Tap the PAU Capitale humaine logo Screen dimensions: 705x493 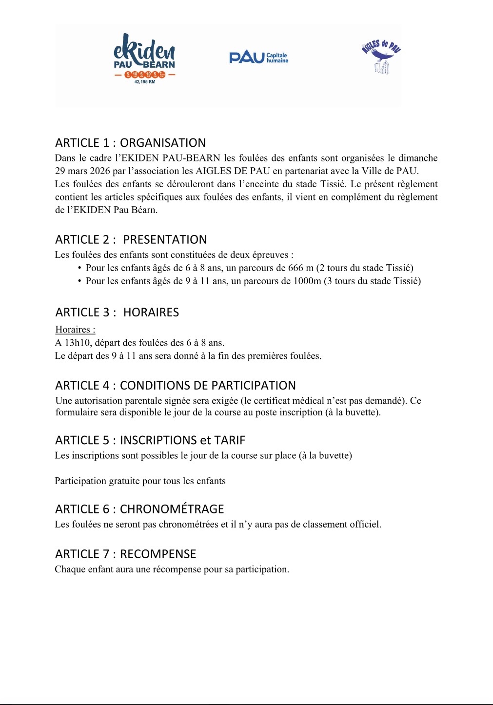258,58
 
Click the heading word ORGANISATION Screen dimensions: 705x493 163,143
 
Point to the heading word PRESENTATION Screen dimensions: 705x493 165,240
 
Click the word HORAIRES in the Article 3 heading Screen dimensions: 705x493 151,313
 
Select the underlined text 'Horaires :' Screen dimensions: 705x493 75,330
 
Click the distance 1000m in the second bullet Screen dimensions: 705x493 307,281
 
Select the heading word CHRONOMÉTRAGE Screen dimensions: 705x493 172,509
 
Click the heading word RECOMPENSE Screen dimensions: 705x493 158,554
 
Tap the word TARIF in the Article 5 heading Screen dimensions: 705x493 229,441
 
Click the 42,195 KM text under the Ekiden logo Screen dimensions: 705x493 144,82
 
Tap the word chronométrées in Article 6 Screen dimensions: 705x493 189,525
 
